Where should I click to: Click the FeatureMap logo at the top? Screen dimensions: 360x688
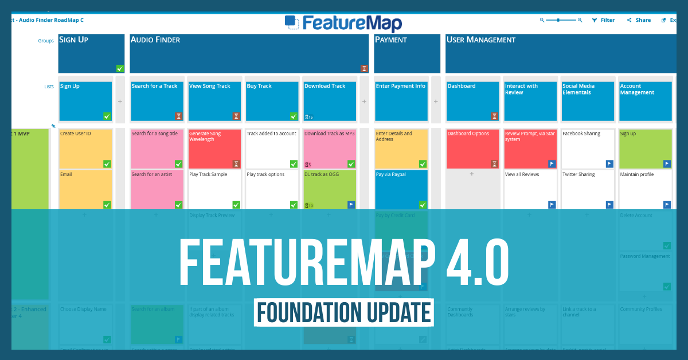point(343,23)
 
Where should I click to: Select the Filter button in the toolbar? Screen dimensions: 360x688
point(603,20)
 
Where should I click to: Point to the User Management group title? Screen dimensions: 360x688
point(481,40)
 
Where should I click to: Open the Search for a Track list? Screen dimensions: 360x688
point(157,101)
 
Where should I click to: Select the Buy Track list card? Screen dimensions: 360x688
point(272,101)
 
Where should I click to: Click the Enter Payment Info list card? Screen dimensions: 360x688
point(401,101)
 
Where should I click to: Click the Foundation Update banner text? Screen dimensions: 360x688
point(343,312)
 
